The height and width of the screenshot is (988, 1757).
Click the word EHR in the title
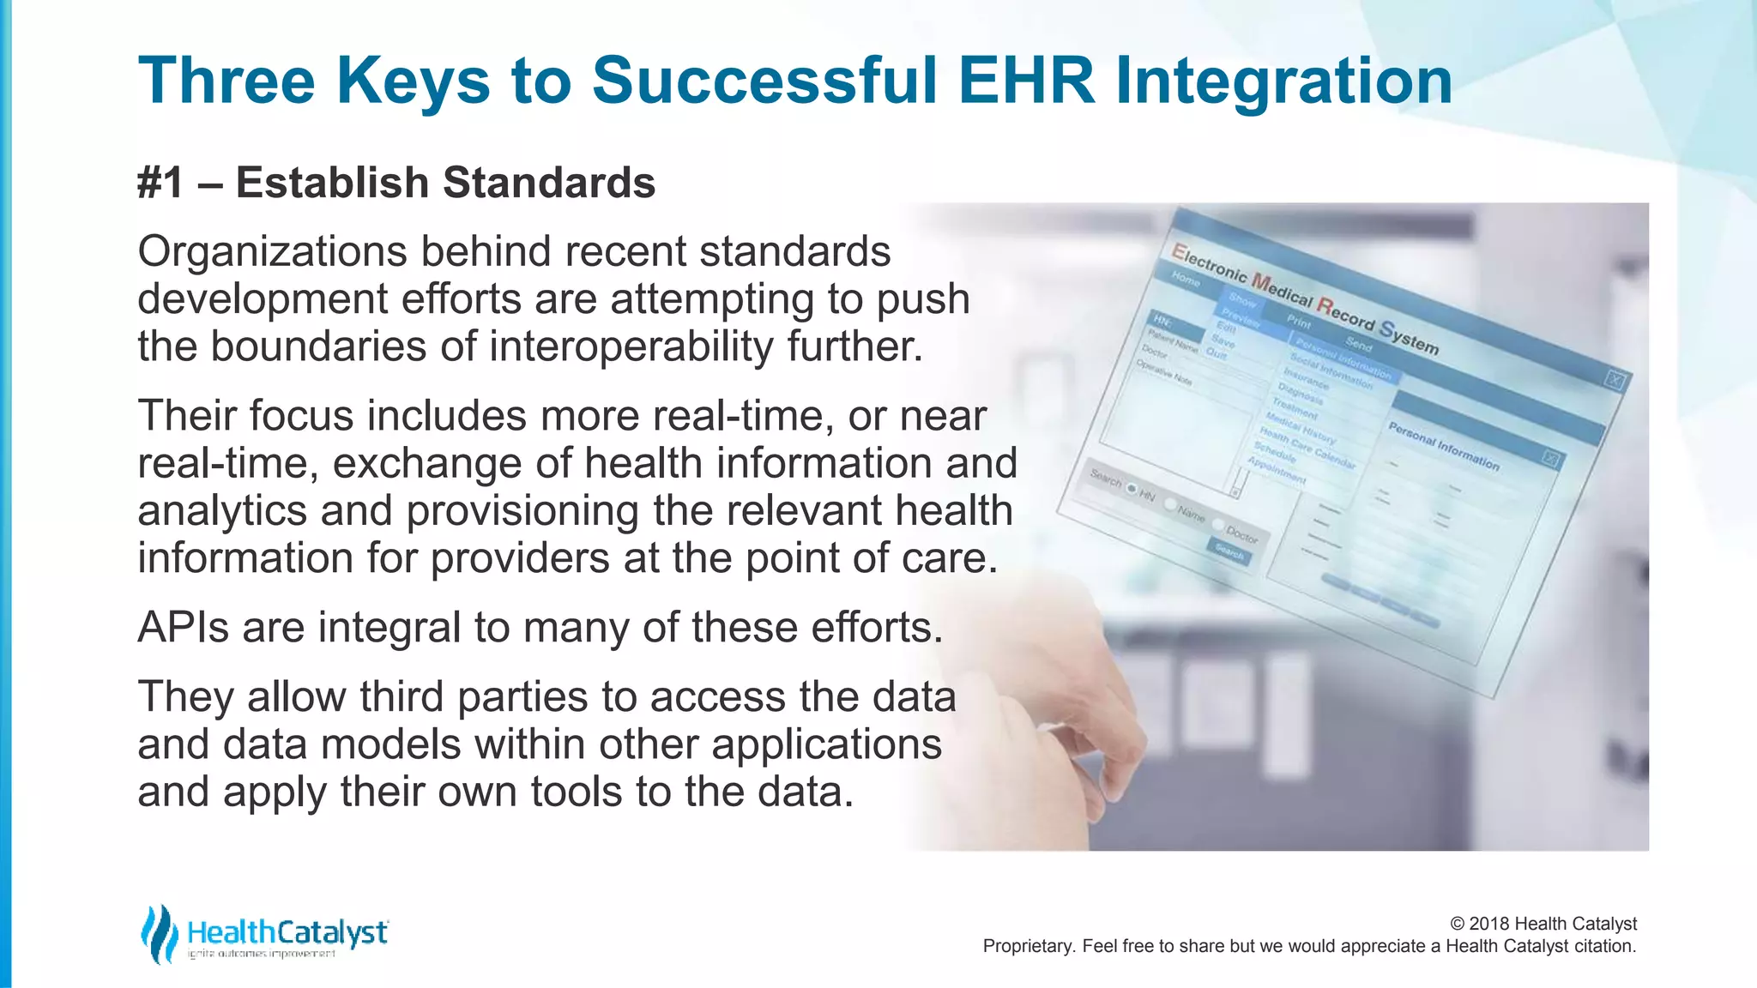[x=1026, y=81]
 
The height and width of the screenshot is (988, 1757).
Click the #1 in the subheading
[x=160, y=183]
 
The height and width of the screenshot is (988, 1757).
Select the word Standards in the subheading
[x=549, y=183]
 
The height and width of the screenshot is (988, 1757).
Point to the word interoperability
[x=631, y=346]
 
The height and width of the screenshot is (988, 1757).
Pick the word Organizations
[x=272, y=252]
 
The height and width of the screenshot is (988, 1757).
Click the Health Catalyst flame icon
[x=159, y=933]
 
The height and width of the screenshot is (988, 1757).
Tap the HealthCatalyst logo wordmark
[x=287, y=932]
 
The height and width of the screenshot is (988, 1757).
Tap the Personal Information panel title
[x=1443, y=447]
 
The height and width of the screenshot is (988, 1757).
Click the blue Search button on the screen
[x=1229, y=553]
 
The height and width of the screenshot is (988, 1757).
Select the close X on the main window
[x=1614, y=380]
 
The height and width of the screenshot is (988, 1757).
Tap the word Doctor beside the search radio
[x=1241, y=534]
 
